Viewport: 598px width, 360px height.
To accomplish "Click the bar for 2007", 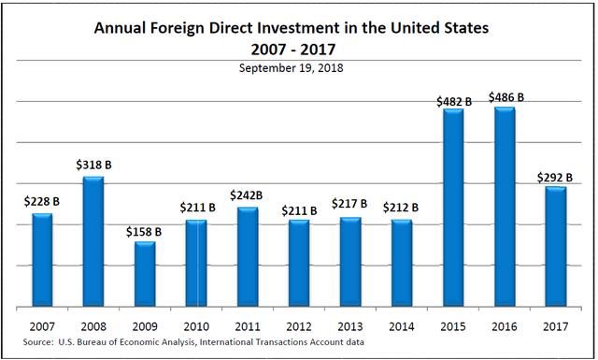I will click(43, 260).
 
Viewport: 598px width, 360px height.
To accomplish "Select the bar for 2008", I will click(94, 241).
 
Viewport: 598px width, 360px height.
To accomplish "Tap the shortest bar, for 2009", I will click(145, 274).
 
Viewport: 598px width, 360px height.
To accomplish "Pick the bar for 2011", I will click(248, 257).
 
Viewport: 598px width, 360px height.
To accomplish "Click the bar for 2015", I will click(453, 208).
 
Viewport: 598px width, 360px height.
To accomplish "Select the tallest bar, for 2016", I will click(505, 207).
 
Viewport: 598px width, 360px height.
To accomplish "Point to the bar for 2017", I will click(555, 247).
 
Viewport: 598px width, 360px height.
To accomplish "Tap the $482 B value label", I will click(453, 100).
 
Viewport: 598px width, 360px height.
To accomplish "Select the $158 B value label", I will click(145, 231).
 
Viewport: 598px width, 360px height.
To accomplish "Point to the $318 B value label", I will click(94, 166).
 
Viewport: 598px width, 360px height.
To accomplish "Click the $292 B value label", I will click(555, 175).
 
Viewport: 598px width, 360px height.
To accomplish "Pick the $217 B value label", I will click(350, 205).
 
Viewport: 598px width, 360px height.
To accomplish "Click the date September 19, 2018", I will click(298, 68).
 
